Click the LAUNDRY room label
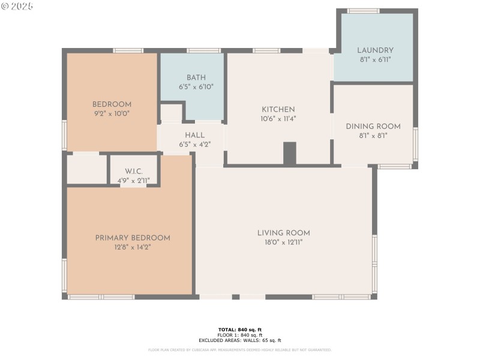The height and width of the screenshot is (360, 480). (375, 50)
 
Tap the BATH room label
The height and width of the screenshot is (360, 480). (196, 77)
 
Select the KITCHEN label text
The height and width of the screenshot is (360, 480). (278, 110)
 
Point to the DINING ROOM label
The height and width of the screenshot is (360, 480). (373, 127)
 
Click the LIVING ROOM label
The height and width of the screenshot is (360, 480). (283, 233)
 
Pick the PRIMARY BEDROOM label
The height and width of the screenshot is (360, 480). (133, 238)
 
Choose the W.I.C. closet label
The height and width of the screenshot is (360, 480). (134, 172)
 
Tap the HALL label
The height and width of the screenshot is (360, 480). (194, 136)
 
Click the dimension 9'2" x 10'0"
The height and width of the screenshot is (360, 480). (112, 113)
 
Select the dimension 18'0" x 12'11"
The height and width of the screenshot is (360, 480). (283, 242)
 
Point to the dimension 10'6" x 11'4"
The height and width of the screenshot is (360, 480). (278, 119)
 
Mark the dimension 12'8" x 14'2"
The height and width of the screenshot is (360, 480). (133, 247)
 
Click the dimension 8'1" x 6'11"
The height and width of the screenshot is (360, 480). (375, 59)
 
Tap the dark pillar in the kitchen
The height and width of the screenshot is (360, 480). (289, 154)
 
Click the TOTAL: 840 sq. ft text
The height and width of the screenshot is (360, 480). (239, 329)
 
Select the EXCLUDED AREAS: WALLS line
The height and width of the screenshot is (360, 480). (239, 340)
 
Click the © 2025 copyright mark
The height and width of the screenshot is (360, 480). (17, 6)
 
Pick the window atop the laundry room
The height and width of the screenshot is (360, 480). (363, 11)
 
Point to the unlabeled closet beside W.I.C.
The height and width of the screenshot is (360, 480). (86, 170)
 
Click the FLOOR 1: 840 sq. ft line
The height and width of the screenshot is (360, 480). (239, 335)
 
